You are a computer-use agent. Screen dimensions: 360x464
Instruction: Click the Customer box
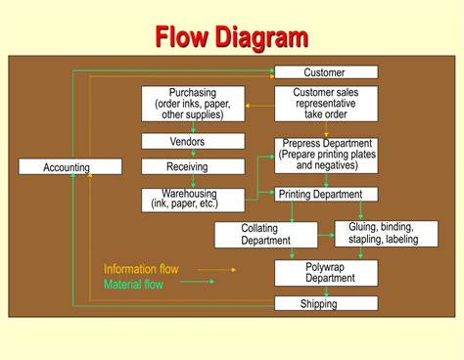point(325,72)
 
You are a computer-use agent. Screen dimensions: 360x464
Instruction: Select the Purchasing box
point(192,104)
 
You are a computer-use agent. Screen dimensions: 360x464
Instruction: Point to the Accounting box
point(70,167)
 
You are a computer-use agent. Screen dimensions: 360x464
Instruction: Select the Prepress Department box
point(325,155)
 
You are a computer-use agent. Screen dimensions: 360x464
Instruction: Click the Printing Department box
point(325,195)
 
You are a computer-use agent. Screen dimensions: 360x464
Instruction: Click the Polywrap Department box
point(325,272)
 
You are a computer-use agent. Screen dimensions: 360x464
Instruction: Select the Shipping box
point(325,303)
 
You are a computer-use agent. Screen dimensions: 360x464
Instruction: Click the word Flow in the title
point(185,37)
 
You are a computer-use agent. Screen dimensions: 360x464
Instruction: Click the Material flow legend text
point(133,285)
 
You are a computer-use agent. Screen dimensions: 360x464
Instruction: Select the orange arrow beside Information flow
point(216,269)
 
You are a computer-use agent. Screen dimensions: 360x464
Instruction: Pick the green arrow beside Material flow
point(197,283)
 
